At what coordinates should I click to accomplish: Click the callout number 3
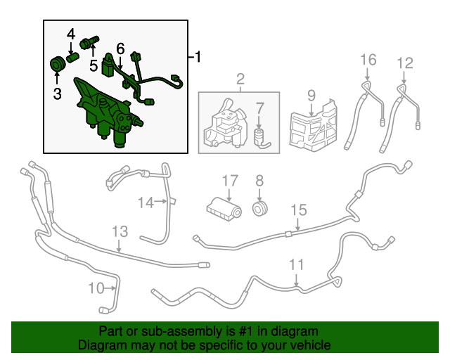58,94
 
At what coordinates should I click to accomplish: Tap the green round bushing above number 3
58,64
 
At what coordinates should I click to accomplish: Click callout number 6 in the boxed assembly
120,49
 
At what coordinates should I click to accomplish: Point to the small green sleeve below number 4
72,57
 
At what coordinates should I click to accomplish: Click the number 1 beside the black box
198,57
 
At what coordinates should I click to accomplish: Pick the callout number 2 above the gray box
240,79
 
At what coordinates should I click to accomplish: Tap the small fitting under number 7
261,139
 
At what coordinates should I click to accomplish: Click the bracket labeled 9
313,125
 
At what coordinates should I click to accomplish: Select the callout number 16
368,60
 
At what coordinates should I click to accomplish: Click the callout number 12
405,63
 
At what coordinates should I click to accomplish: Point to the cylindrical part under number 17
224,210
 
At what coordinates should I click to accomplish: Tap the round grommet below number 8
260,209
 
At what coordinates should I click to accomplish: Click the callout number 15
299,210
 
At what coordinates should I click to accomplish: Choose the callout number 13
120,231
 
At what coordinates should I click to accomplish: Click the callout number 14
146,202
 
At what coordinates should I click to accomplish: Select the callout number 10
96,288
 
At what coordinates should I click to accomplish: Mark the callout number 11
296,264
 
